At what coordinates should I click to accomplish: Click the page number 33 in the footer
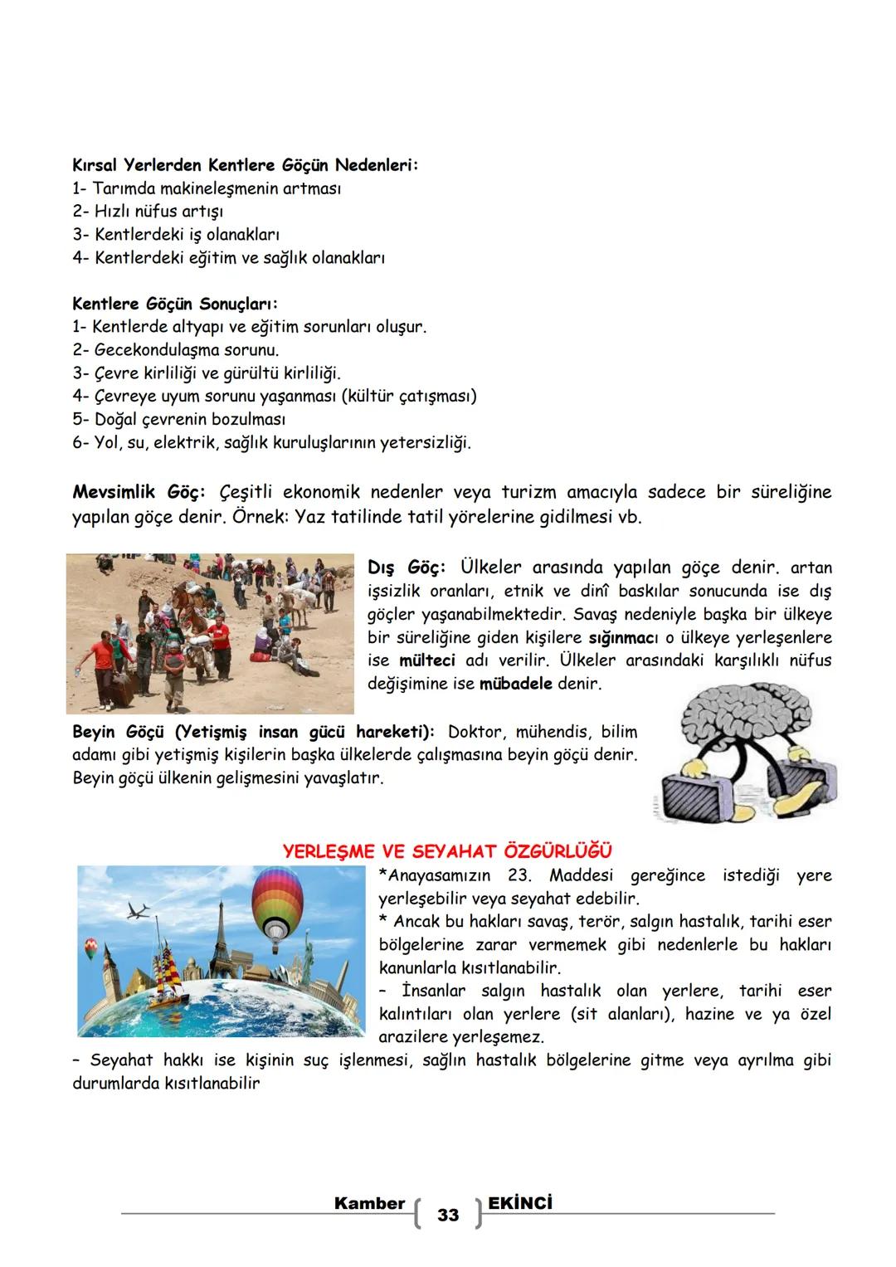point(447,1215)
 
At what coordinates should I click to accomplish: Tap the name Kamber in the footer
point(369,1202)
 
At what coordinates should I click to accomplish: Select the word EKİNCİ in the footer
point(520,1202)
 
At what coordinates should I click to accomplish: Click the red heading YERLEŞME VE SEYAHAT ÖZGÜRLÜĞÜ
point(447,851)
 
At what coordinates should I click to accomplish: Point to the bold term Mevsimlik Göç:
point(139,492)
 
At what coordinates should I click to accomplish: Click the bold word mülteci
point(427,661)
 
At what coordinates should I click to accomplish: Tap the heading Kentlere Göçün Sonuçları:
point(175,304)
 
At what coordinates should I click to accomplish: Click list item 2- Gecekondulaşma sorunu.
point(175,350)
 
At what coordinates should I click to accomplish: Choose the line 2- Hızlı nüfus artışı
point(148,212)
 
